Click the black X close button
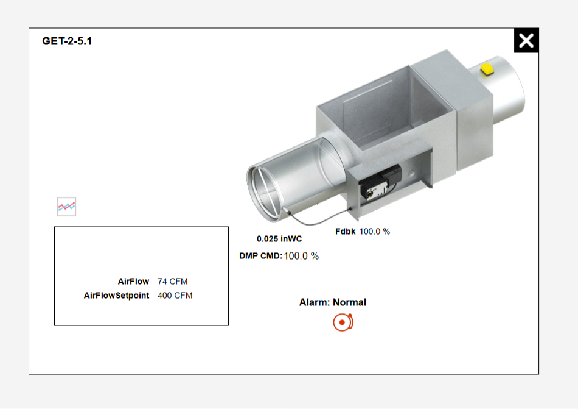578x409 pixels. (526, 40)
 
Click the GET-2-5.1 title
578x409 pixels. (67, 41)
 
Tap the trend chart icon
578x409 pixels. (67, 207)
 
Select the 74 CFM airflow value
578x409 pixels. (173, 281)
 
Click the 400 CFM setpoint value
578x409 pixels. (175, 295)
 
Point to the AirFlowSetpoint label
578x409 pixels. (116, 295)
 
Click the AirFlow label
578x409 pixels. (133, 281)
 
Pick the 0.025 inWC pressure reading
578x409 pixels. (279, 239)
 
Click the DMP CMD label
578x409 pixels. (260, 256)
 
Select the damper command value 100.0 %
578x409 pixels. (301, 256)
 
